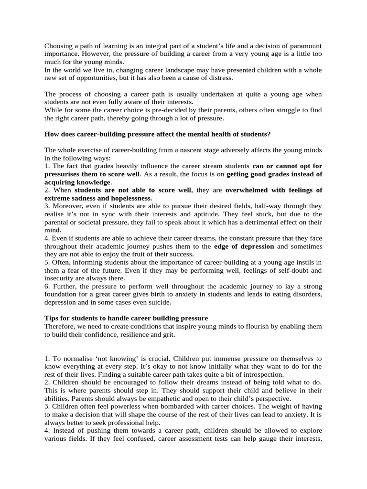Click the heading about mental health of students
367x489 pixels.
tap(164, 134)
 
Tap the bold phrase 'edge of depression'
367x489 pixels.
tap(244, 246)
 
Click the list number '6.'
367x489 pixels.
tap(47, 286)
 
